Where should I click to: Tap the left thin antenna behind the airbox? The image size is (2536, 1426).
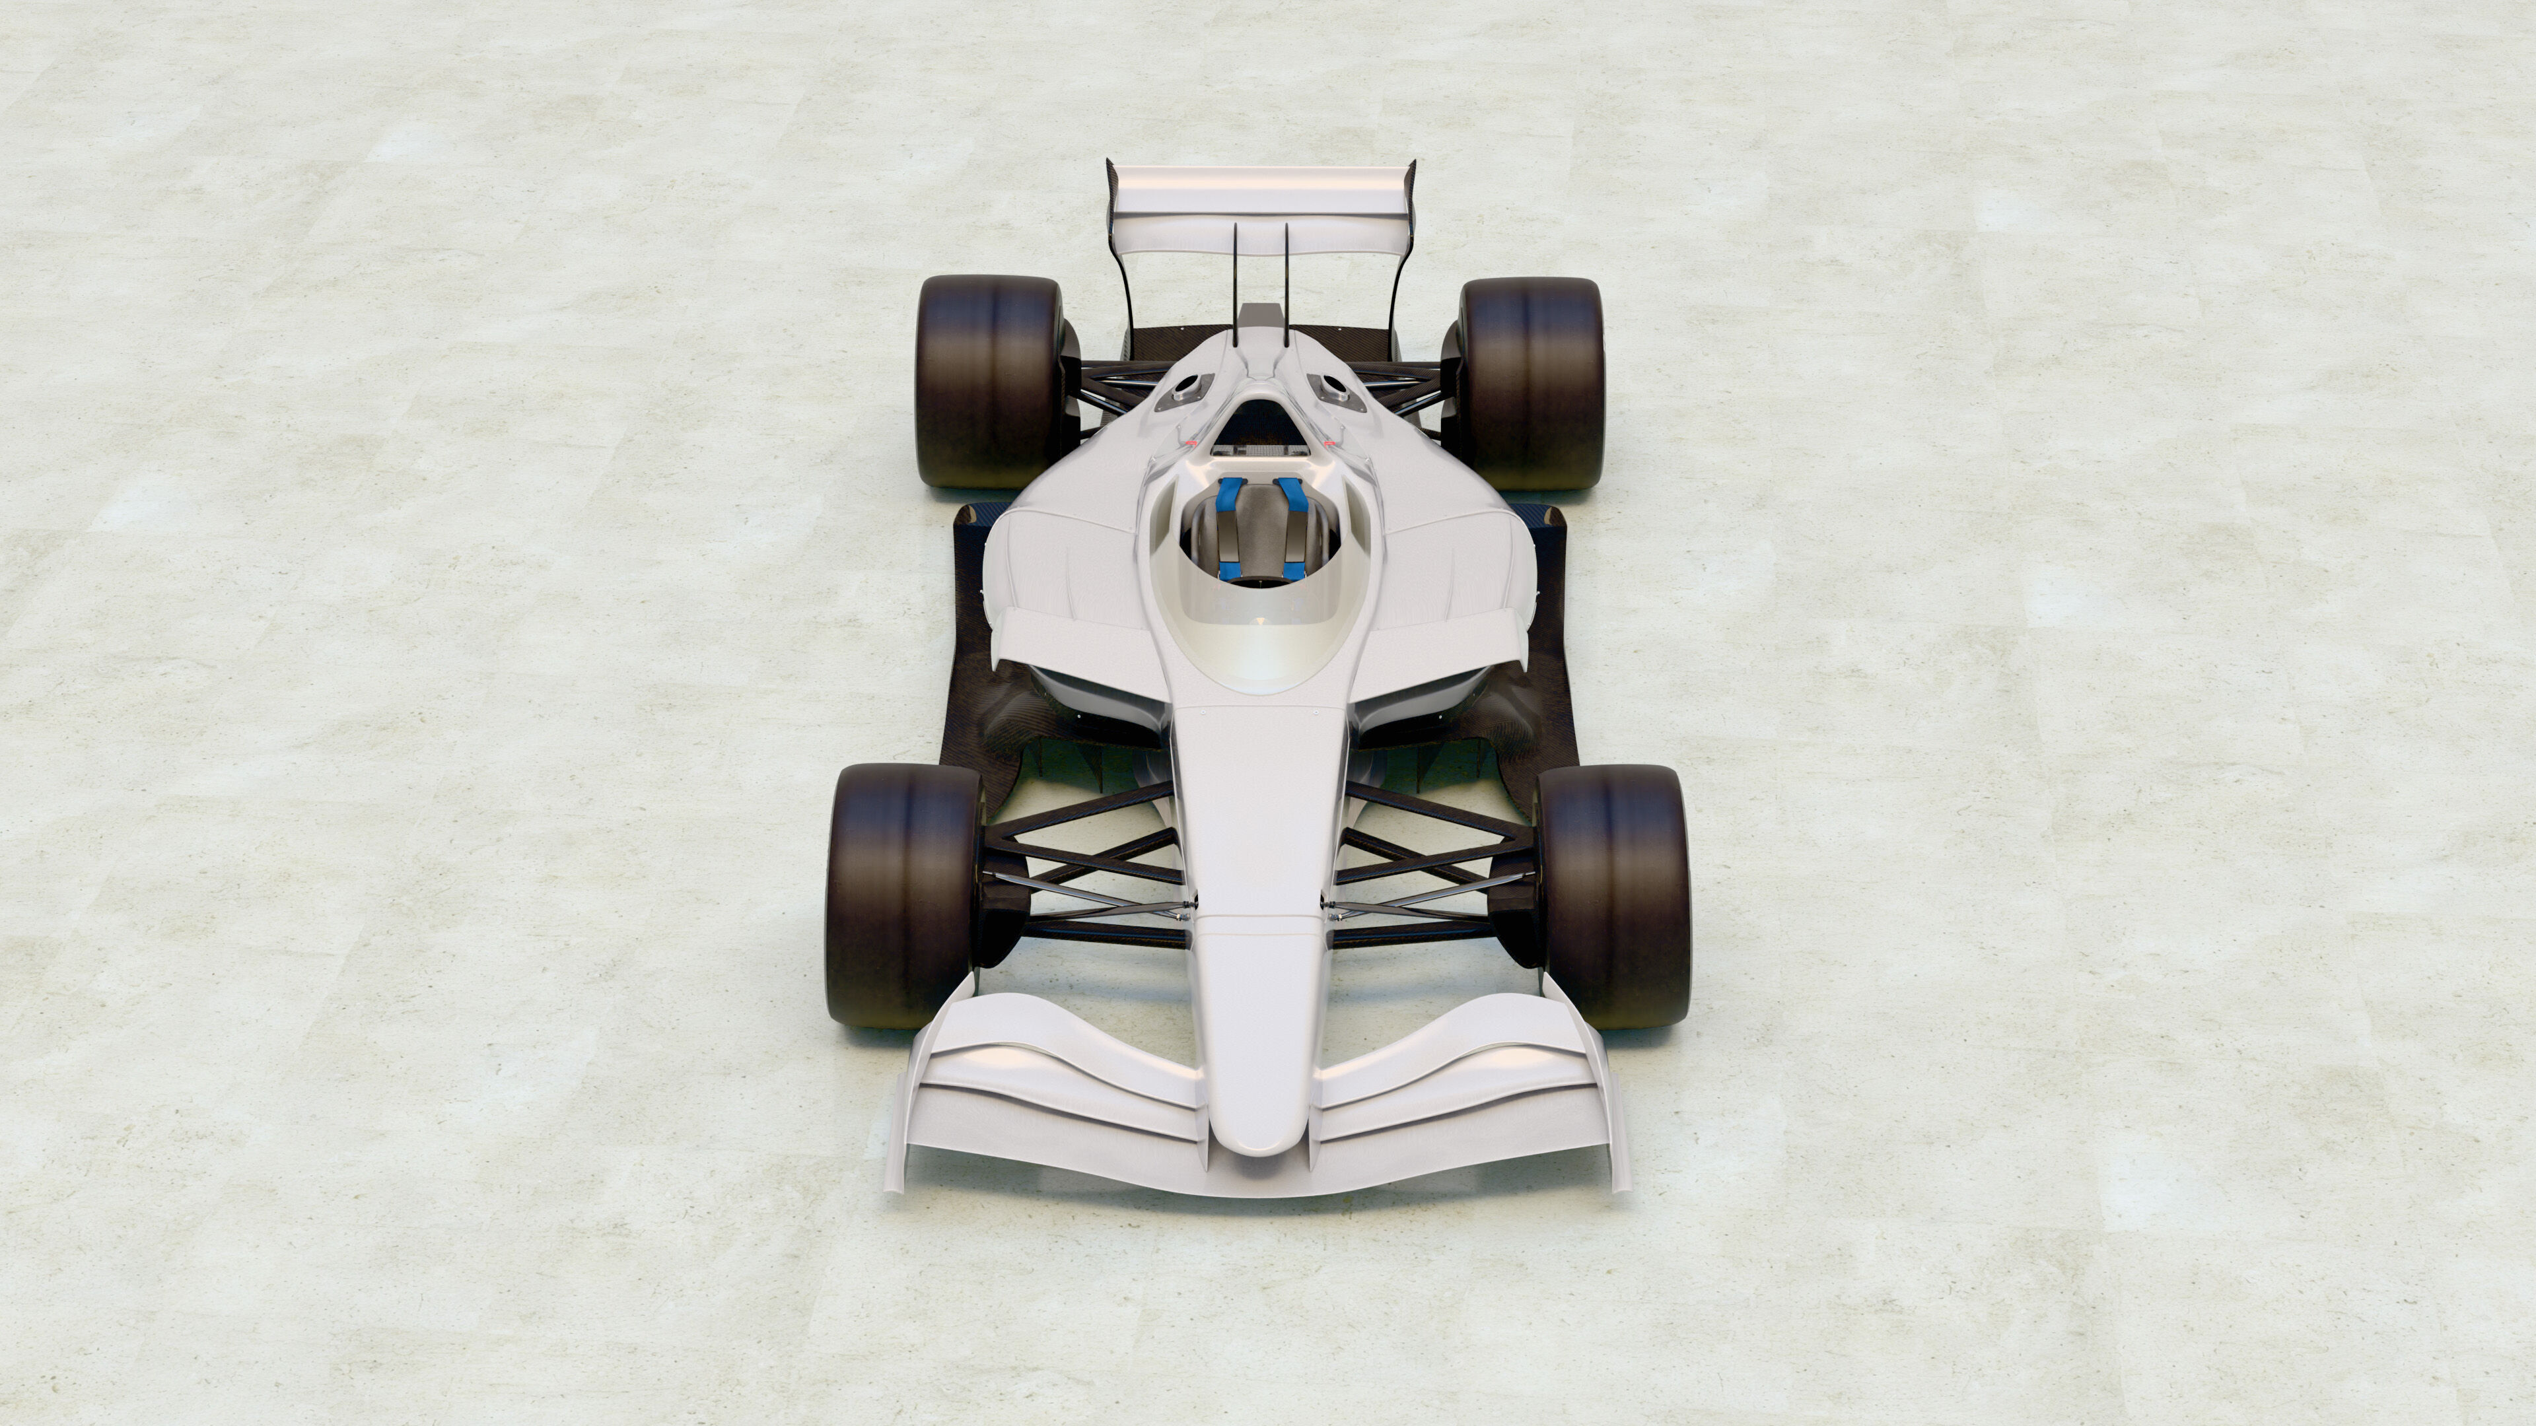tap(1234, 281)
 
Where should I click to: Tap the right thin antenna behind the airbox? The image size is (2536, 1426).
tap(1286, 281)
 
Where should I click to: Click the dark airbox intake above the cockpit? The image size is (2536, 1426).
tap(1259, 419)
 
